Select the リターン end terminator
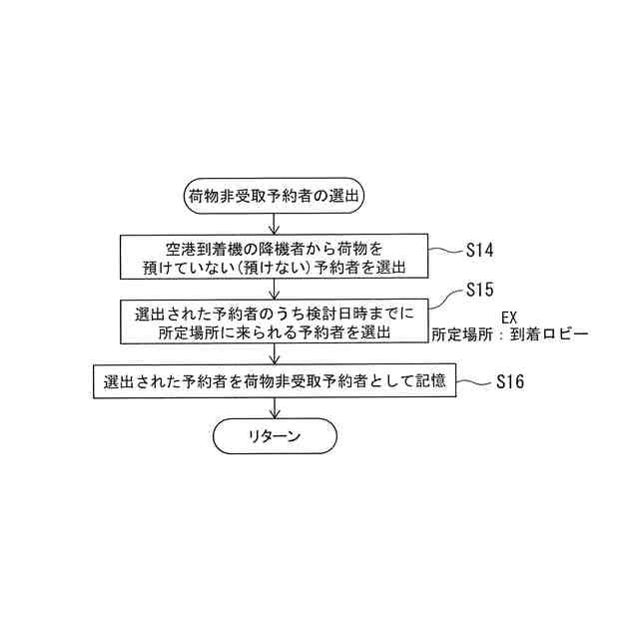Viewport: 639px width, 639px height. tap(275, 436)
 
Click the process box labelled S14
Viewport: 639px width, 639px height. tap(275, 257)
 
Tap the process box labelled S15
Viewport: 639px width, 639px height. tap(275, 322)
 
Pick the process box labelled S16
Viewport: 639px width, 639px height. tap(275, 380)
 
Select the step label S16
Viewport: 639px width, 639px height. tap(509, 381)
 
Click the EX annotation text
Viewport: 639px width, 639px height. tap(509, 317)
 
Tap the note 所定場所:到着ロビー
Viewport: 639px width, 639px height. tap(509, 335)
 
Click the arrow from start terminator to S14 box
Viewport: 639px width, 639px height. tap(275, 223)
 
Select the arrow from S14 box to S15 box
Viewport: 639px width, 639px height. tap(275, 289)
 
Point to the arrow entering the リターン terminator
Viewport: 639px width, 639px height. tap(275, 407)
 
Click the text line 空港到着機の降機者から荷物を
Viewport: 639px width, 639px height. tap(275, 247)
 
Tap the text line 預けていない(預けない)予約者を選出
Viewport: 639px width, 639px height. tap(275, 267)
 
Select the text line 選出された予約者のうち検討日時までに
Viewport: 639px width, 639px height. tap(275, 313)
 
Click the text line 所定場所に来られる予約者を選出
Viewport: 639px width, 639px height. tap(275, 332)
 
